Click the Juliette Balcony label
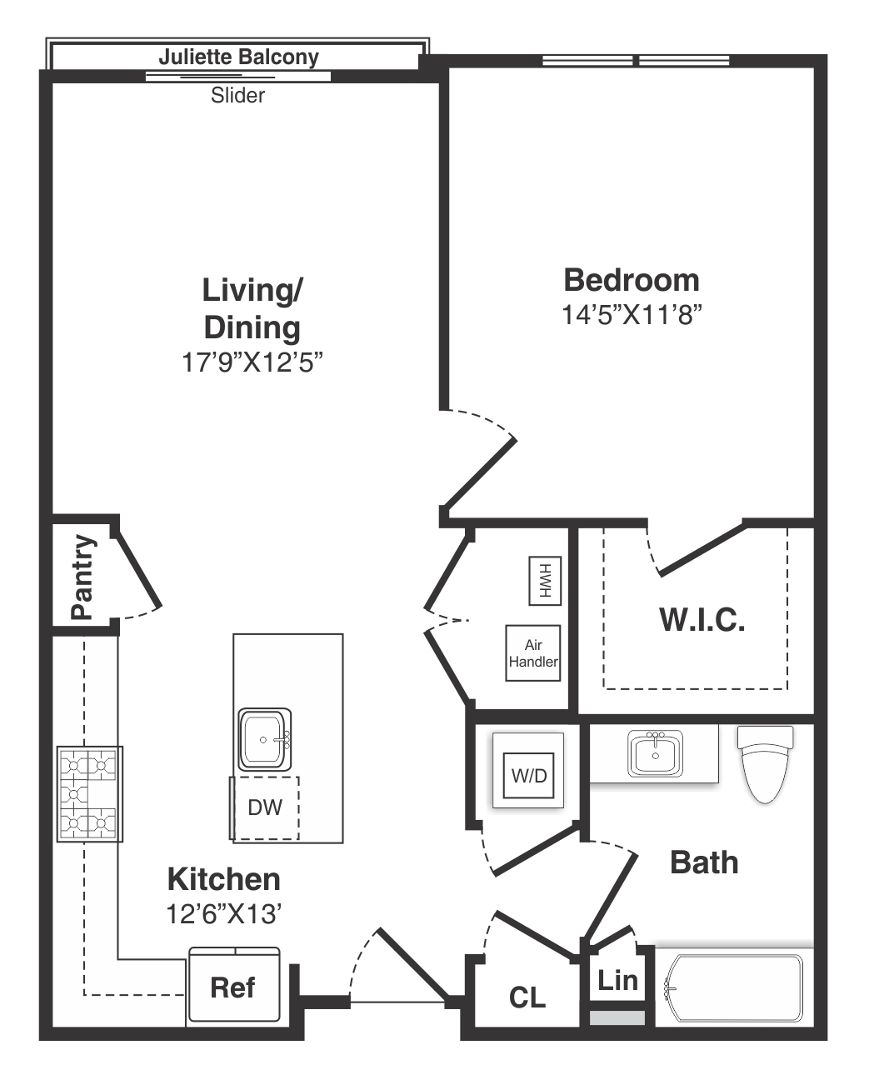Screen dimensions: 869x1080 tap(239, 57)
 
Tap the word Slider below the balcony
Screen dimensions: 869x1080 tap(237, 95)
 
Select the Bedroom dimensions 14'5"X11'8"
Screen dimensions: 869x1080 tap(632, 315)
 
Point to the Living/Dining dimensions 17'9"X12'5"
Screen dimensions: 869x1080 tap(252, 362)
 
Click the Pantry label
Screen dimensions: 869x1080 tap(83, 577)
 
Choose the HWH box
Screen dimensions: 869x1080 tap(545, 581)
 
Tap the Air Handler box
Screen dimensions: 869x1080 tap(533, 653)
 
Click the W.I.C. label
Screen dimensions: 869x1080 tap(702, 620)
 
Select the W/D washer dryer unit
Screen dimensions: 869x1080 tap(528, 775)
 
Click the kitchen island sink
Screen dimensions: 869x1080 tap(265, 740)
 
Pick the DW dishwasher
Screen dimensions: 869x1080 tap(265, 807)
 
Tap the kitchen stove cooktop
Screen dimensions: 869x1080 tap(90, 794)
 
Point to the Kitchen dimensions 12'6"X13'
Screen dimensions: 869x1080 tap(223, 914)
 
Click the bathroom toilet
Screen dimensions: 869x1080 tap(765, 764)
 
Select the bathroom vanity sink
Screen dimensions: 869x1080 tap(655, 753)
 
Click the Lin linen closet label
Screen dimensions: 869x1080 tap(617, 980)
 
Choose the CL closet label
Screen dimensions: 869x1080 tap(527, 997)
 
